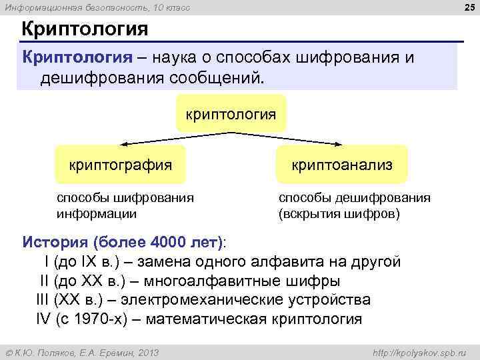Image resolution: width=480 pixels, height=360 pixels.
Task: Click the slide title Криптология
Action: (x=84, y=30)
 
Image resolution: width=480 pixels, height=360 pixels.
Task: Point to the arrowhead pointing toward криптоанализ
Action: (x=342, y=143)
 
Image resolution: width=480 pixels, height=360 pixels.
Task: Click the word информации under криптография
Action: (x=96, y=214)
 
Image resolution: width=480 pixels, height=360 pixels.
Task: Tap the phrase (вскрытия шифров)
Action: (x=339, y=214)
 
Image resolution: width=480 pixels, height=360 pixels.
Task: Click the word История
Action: (x=55, y=241)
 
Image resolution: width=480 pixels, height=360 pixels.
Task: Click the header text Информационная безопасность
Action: (x=80, y=7)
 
